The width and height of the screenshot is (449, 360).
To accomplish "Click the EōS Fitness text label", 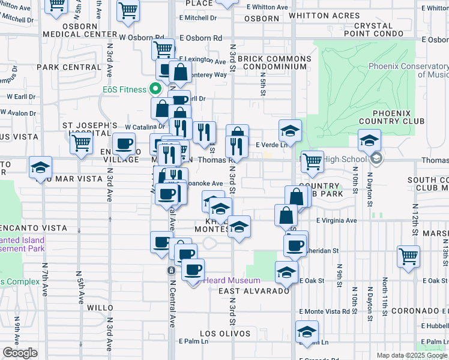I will click(x=124, y=89).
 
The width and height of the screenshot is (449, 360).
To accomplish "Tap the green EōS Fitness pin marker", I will click(x=155, y=89).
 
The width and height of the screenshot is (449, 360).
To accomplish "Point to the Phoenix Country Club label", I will click(x=391, y=117).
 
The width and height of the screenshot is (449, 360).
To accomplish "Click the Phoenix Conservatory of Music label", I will click(x=408, y=70).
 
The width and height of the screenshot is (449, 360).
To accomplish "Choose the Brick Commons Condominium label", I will click(x=274, y=63).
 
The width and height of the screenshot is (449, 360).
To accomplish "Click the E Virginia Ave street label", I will click(x=336, y=221).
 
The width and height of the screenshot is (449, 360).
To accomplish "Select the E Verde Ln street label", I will click(x=268, y=145).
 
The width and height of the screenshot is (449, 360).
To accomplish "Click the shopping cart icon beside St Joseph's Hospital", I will click(x=80, y=143).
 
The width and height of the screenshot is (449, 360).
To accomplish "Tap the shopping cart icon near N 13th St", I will click(x=408, y=256).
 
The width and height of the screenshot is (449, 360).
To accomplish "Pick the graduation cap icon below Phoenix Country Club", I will click(x=369, y=141).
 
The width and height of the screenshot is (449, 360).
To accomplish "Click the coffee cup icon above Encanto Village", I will click(x=124, y=145).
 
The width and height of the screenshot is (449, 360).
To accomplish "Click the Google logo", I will click(x=20, y=353).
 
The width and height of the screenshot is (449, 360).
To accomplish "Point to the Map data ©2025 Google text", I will click(x=411, y=355).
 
